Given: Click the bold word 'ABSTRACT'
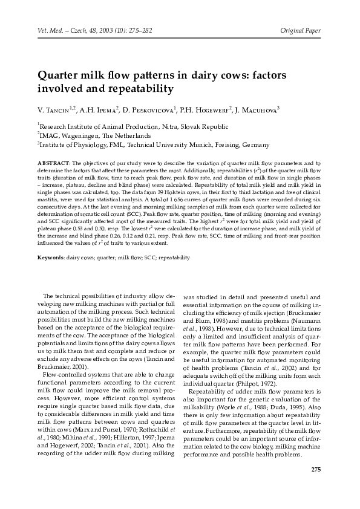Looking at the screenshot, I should pyautogui.click(x=54, y=163).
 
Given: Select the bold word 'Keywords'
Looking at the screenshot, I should pyautogui.click(x=51, y=257).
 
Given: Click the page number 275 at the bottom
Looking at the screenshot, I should pyautogui.click(x=315, y=470).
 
